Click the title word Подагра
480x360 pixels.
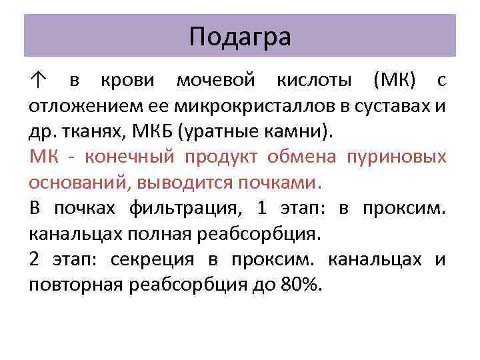pos(240,37)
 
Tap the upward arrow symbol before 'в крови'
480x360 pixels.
pos(38,82)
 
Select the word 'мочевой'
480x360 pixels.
pos(216,82)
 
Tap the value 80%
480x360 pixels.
pos(301,285)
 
